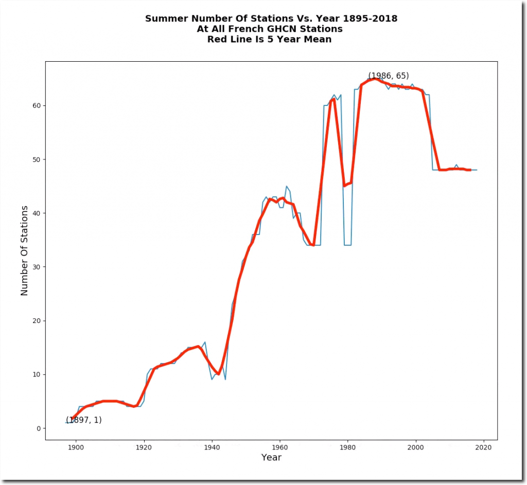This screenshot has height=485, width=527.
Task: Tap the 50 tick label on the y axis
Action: (x=37, y=159)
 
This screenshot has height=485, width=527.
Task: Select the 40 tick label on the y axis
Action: (x=37, y=213)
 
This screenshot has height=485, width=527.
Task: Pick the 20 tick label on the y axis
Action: (x=37, y=320)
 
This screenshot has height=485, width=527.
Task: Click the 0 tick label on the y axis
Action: (x=39, y=428)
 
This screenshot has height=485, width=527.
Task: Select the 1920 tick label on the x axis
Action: (x=144, y=446)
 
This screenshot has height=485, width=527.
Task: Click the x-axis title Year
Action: (x=271, y=457)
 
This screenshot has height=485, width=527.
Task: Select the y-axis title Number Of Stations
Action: (x=24, y=250)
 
